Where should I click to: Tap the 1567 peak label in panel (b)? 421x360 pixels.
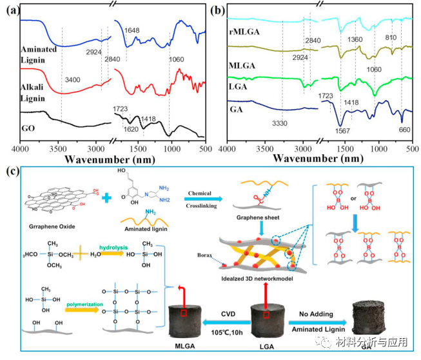coord(342,132)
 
